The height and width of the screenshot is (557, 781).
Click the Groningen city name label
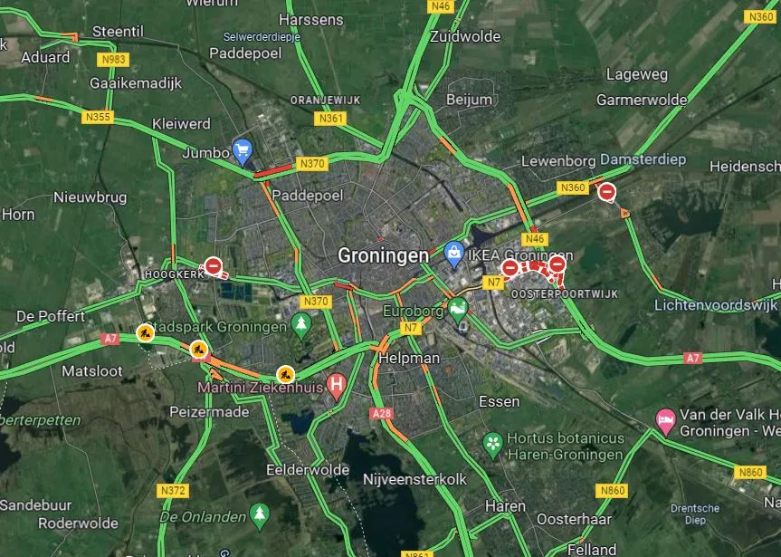[383, 256]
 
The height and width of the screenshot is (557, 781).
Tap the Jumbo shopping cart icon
[242, 149]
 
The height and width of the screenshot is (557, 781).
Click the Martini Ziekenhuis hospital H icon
[337, 386]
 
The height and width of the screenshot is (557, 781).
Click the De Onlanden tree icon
[260, 514]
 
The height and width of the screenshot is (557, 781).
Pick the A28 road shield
[382, 413]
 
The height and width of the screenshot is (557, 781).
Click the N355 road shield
[97, 117]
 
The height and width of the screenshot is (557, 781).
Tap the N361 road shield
[331, 119]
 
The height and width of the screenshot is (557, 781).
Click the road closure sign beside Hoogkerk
[213, 266]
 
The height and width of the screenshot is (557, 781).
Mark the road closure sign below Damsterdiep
[607, 192]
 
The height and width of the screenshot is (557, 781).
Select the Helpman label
[412, 358]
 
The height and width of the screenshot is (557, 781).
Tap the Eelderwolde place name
[308, 470]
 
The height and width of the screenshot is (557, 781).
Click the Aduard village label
[45, 57]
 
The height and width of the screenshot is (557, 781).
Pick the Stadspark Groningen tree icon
[301, 323]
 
